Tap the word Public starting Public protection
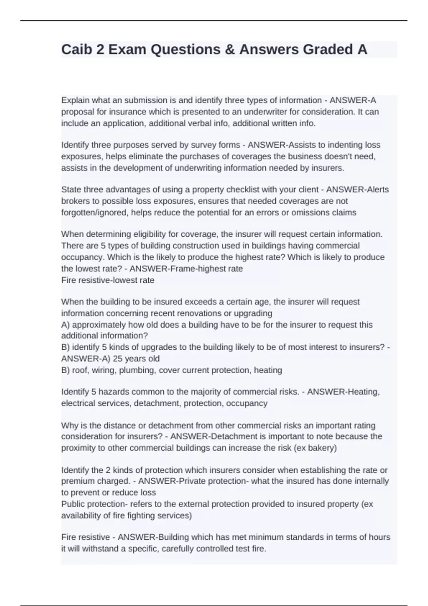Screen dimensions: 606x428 [73, 504]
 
